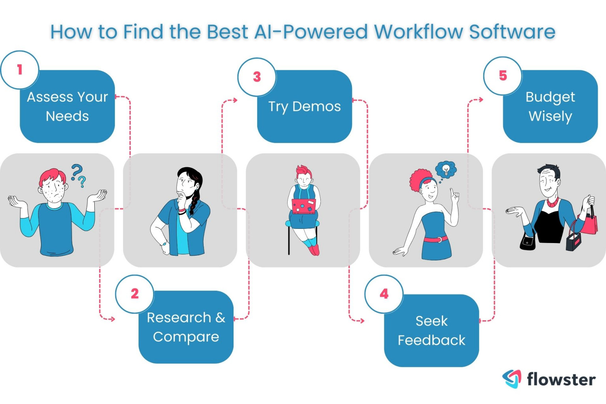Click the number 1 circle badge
coord(20,70)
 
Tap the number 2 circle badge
coord(135,294)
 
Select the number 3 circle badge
coord(257,77)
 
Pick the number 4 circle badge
coord(384,294)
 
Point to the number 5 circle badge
coord(503,76)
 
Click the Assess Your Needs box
coord(67,107)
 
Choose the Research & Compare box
coord(186,327)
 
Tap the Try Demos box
coord(304,107)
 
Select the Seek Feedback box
coord(431,331)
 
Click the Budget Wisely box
coord(550,107)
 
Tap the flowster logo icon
coord(512,379)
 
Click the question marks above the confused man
coord(79,175)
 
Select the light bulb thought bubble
coord(446,170)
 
